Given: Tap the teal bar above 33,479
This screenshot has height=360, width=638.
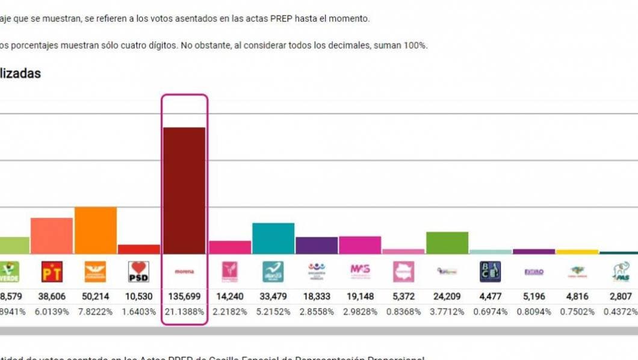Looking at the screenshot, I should tap(273, 238).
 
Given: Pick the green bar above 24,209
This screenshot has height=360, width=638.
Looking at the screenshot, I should tap(447, 243).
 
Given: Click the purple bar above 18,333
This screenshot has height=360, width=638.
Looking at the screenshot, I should tap(317, 245).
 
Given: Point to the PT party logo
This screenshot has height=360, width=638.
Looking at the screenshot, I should tap(52, 272).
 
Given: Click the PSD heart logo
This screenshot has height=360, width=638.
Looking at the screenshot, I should tap(139, 272).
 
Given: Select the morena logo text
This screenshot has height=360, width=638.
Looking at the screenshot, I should tap(184, 272).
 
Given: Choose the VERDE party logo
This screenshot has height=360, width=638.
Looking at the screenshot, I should tap(9, 272).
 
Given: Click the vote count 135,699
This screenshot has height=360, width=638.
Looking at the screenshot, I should tap(184, 297).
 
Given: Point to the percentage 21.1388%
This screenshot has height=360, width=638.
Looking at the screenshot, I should tap(184, 312).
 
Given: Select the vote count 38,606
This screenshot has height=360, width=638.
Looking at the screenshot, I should tap(52, 297).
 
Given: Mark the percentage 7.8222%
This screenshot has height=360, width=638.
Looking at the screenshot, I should tap(95, 312).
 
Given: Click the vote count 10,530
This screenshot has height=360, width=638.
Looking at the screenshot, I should tap(139, 297).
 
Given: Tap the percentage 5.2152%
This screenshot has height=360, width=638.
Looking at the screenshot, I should tap(273, 312).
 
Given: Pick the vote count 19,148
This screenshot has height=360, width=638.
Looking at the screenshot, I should tap(360, 297).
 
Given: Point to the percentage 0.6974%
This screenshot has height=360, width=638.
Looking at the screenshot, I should tap(490, 312).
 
